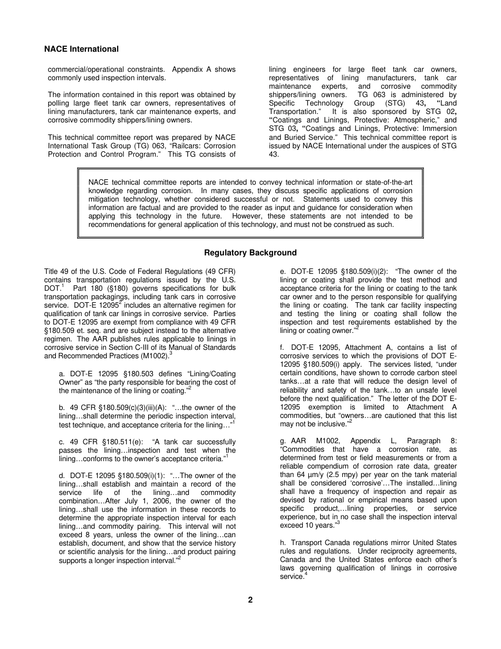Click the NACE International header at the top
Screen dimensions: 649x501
coord(81,49)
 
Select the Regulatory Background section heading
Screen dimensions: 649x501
coord(250,253)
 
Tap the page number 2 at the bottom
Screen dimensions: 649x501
coord(250,600)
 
